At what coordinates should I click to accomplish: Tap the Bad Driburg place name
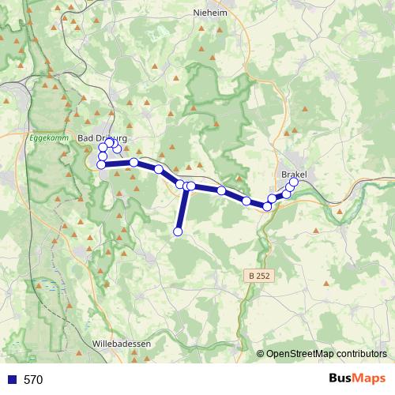(103, 137)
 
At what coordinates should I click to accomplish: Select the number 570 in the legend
(33, 379)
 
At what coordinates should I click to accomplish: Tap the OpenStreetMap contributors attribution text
(326, 353)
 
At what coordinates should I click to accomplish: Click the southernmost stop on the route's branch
(178, 231)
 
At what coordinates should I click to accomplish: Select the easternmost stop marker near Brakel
(294, 182)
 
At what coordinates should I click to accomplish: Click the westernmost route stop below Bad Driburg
(101, 164)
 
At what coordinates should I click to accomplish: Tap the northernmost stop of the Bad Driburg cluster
(110, 142)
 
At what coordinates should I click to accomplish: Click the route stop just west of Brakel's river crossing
(267, 206)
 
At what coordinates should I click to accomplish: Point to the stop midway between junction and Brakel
(221, 190)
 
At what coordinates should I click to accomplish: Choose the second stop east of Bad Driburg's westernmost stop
(159, 169)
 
